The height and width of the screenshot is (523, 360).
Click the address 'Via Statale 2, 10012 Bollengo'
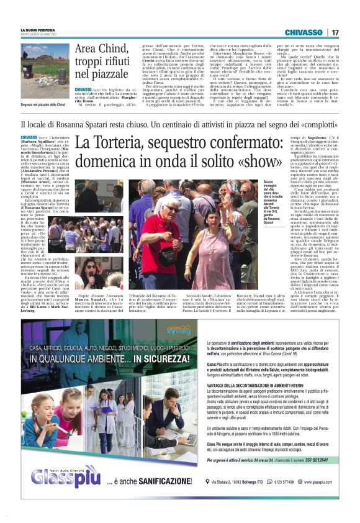tap(243, 499)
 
